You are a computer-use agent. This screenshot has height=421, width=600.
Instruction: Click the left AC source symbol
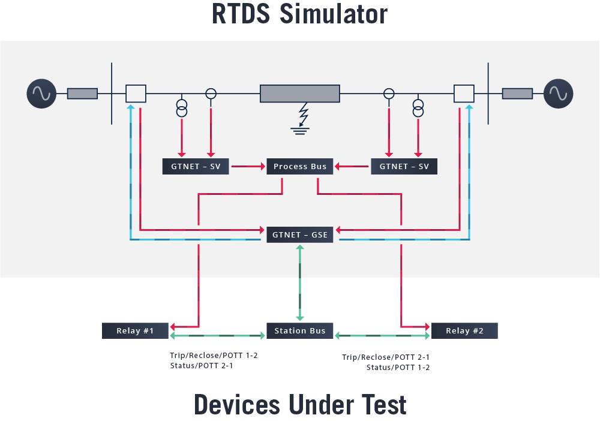pos(41,94)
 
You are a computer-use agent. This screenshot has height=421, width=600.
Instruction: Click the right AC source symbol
pos(558,94)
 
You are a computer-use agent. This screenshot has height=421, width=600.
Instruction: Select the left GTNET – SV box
pos(196,166)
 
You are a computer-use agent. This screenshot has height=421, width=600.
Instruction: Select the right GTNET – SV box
pos(404,166)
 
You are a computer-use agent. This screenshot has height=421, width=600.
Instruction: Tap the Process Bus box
pos(300,166)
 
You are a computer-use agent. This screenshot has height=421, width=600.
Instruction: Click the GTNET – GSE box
pos(300,234)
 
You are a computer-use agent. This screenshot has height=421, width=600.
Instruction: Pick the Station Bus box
pos(300,330)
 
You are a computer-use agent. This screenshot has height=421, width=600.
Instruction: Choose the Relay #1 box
pos(136,330)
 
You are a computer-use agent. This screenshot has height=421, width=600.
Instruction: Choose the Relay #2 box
pos(464,330)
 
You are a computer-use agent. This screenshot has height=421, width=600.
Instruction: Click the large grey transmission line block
pos(300,94)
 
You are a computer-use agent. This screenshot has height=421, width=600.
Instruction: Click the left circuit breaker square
pos(136,94)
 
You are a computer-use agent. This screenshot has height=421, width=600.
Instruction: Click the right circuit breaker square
pos(464,94)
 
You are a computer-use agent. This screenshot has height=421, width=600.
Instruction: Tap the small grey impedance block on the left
pos(82,94)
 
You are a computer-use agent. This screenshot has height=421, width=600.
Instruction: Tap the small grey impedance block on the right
pos(517,94)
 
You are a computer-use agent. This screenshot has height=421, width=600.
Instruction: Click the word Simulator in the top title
pos(333,14)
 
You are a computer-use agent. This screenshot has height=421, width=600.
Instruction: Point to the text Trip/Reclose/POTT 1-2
pos(214,355)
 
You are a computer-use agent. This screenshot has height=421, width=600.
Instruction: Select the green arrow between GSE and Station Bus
pos(300,282)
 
